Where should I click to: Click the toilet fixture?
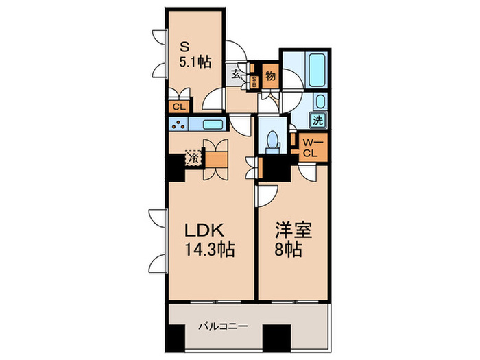click(x=273, y=140)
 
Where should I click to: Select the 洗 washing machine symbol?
click(x=320, y=120)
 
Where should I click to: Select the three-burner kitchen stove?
click(x=179, y=125)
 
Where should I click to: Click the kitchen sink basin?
click(x=213, y=125)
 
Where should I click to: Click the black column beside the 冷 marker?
click(x=175, y=167)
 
